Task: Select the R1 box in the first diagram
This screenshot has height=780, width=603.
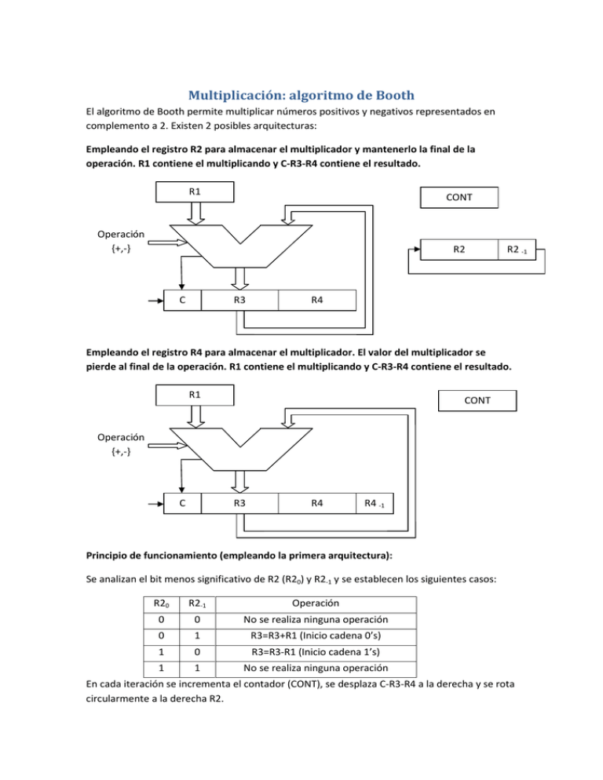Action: pos(194,192)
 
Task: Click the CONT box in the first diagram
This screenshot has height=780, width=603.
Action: pos(459,197)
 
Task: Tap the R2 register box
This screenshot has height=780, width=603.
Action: pos(457,249)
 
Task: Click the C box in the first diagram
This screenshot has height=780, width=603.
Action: pos(182,301)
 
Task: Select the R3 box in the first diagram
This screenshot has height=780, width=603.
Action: pos(239,301)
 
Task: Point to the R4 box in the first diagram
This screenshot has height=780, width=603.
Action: pos(316,301)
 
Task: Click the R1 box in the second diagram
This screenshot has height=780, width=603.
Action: pos(194,395)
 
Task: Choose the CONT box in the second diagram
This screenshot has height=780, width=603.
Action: pos(479,400)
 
